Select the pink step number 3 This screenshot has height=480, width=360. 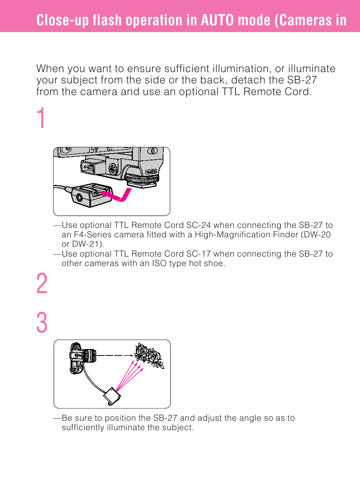[42, 322]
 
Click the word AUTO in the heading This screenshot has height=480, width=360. [217, 20]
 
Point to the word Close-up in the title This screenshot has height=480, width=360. [63, 20]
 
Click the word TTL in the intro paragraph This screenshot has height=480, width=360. [231, 92]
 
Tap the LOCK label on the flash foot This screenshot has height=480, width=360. [151, 172]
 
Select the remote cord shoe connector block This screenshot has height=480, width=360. [92, 195]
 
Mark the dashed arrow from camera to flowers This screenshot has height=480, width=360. [115, 355]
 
